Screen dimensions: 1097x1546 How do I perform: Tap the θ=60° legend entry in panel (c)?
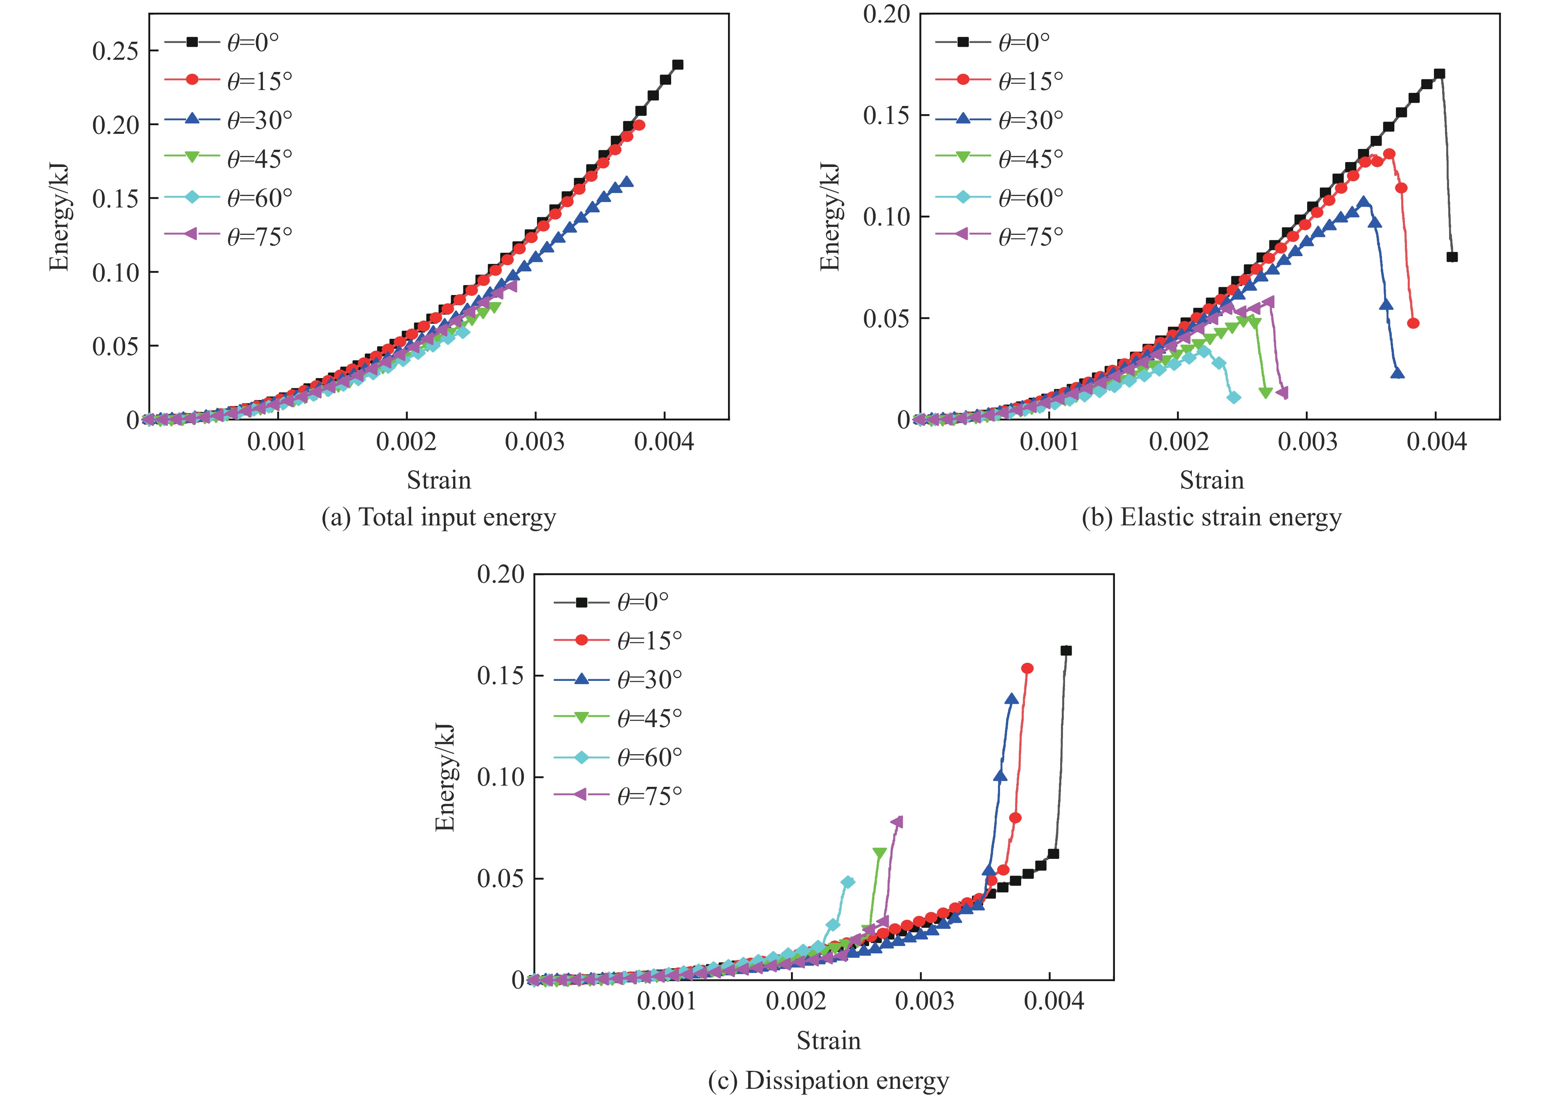617,757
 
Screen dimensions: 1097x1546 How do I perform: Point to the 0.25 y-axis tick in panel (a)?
115,51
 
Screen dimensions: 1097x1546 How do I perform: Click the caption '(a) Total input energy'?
439,518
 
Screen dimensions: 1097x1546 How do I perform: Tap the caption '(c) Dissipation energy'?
828,1081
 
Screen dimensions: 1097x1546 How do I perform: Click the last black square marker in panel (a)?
678,65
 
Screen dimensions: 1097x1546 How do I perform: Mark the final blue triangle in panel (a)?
627,182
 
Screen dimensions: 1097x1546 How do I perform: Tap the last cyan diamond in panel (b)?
1234,398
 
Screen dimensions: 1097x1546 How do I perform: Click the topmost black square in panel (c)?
1066,651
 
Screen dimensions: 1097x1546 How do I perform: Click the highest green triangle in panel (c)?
879,853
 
